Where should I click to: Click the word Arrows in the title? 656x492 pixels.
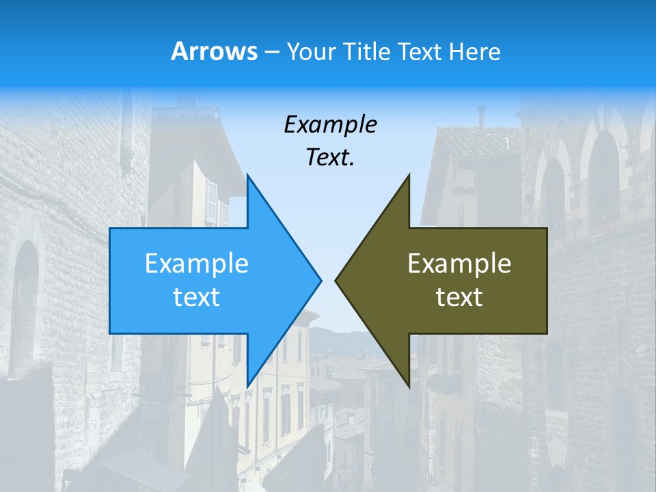215,51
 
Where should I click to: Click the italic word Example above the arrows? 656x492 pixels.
330,124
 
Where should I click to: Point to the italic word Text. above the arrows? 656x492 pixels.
330,157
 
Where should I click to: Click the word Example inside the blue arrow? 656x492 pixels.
197,263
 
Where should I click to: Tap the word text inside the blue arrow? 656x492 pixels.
197,297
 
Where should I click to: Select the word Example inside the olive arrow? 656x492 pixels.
459,263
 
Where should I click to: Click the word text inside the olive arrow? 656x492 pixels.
459,297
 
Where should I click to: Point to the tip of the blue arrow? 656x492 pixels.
320,280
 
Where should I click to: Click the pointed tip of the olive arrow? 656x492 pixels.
336,280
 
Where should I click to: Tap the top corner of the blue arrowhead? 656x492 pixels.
247,175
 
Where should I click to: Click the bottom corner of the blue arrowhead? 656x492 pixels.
247,386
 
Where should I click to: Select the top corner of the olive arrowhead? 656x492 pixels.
409,175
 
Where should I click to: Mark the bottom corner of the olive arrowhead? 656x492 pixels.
409,386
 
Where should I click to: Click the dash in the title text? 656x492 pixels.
271,52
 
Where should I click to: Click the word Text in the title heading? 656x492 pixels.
419,51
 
